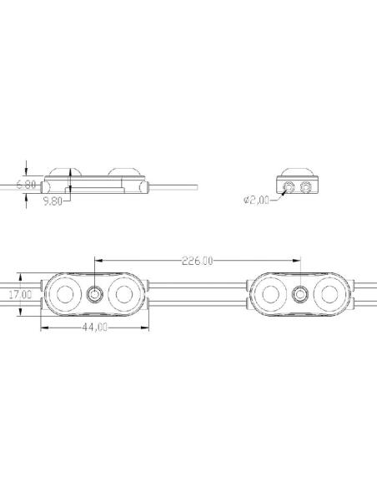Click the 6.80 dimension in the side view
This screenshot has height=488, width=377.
coord(27,184)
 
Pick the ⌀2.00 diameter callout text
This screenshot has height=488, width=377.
coord(256,200)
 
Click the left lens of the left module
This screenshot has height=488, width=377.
coord(65,294)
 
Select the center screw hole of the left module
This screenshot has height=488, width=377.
coord(94,294)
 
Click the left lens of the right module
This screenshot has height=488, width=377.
coord(271,294)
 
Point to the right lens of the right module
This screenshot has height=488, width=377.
coord(329,294)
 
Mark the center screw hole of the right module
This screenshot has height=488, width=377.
coord(299,294)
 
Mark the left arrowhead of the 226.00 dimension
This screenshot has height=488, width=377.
coord(98,260)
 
